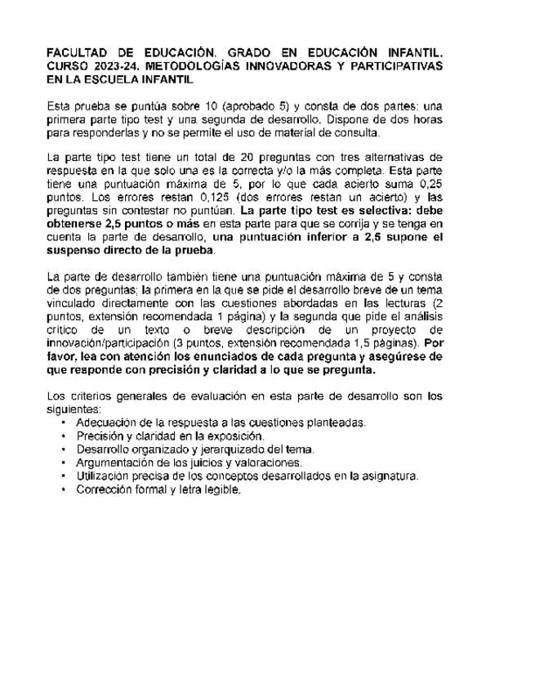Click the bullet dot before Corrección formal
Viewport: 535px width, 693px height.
64,490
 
